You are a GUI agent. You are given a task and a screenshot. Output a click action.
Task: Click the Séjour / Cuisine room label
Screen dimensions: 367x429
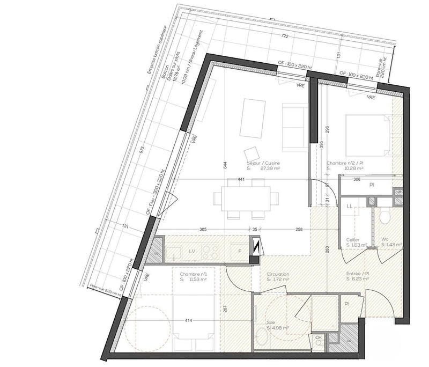pos(263,163)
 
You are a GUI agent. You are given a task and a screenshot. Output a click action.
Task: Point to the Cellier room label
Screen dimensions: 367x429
pos(353,240)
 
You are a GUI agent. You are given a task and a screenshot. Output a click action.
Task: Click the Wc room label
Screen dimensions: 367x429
pos(384,240)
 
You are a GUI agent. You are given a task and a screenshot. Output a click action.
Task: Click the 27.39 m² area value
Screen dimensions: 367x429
pos(271,168)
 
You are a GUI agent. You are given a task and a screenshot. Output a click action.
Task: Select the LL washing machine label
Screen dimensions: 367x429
pos(349,206)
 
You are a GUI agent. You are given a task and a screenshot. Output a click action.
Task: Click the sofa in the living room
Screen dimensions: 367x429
pos(294,123)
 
